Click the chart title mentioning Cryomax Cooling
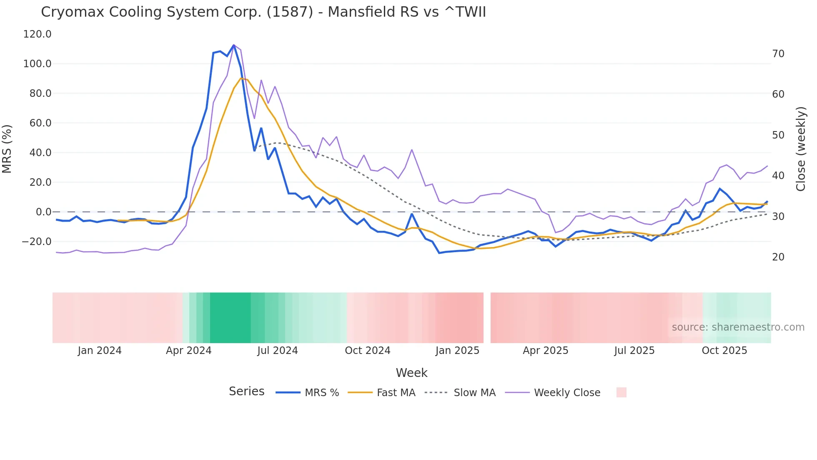coord(263,12)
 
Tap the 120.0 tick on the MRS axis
coord(37,34)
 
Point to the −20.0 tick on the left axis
coord(36,242)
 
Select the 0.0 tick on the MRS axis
coord(43,212)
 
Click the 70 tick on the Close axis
coord(778,54)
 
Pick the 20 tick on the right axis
coord(778,257)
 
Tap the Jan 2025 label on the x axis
coord(457,351)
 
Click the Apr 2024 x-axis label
coord(188,351)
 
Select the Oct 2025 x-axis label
coord(724,351)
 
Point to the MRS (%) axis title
coord(7,149)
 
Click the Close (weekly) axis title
coord(800,149)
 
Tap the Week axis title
coord(411,373)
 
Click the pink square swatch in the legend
coord(621,392)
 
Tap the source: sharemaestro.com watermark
coord(738,327)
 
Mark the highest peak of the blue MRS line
coord(233,45)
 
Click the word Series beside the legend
coord(246,392)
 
